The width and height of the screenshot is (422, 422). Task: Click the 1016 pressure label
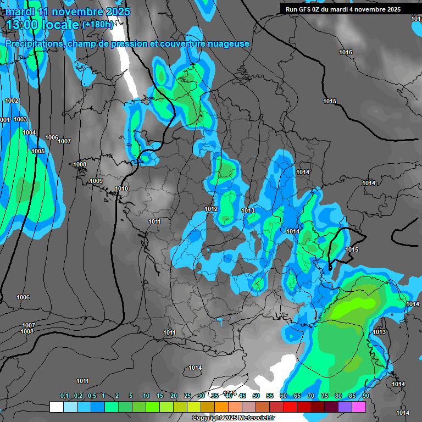pyautogui.click(x=346, y=53)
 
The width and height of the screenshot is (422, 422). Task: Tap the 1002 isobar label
pyautogui.click(x=12, y=101)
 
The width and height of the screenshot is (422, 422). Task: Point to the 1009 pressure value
pyautogui.click(x=96, y=181)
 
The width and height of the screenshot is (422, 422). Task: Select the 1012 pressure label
pyautogui.click(x=211, y=209)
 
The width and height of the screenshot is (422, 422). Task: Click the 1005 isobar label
pyautogui.click(x=38, y=151)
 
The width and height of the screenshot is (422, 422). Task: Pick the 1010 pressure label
pyautogui.click(x=121, y=189)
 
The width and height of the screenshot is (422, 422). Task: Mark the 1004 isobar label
pyautogui.click(x=29, y=133)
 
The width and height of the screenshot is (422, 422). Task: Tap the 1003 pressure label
pyautogui.click(x=20, y=120)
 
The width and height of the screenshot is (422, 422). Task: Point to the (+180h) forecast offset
pyautogui.click(x=97, y=24)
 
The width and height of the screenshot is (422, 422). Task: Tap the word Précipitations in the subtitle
pyautogui.click(x=33, y=44)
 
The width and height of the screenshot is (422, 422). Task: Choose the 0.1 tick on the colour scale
pyautogui.click(x=64, y=396)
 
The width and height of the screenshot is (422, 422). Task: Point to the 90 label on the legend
pyautogui.click(x=366, y=396)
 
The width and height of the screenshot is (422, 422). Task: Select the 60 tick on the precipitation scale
pyautogui.click(x=284, y=396)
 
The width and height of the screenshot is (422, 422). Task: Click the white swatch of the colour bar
pyautogui.click(x=56, y=407)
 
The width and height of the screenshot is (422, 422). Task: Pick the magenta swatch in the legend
pyautogui.click(x=359, y=407)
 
